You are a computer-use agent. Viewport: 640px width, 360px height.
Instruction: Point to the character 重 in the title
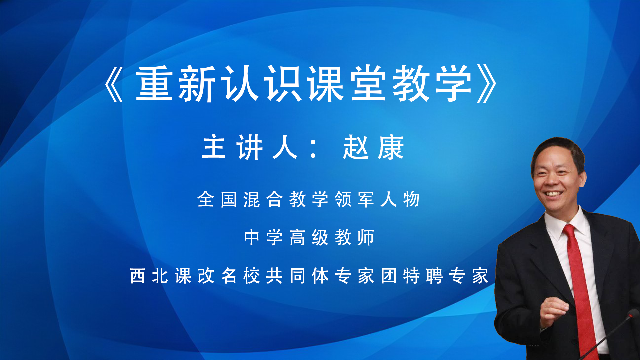point(154,83)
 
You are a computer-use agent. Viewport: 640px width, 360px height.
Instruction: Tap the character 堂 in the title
point(369,83)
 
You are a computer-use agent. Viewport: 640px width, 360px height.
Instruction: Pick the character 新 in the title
point(197,83)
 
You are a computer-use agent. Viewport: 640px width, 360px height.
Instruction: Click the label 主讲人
point(250,147)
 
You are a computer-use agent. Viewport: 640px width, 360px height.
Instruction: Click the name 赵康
point(374,147)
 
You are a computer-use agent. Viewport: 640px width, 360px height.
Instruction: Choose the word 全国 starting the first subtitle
point(217,199)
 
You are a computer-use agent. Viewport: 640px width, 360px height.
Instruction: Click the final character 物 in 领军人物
point(411,199)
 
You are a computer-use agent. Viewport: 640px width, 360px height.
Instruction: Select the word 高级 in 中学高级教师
point(309,237)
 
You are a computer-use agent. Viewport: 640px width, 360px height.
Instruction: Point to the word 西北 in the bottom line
point(149,276)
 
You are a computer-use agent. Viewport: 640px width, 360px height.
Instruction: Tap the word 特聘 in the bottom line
point(423,276)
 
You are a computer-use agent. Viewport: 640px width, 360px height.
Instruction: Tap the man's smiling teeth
point(553,194)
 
